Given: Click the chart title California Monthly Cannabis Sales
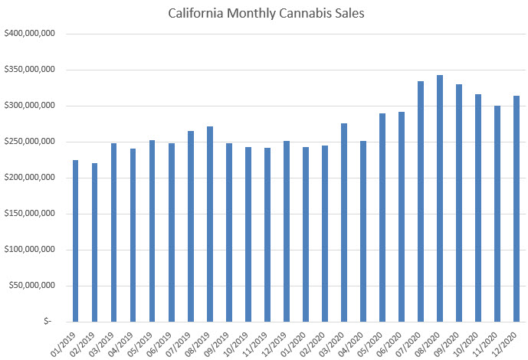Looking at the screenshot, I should [264, 13].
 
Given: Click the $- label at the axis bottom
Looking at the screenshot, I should [48, 322].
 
